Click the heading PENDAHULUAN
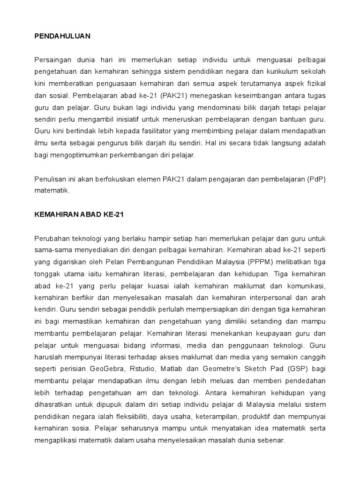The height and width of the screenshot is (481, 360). [x=62, y=36]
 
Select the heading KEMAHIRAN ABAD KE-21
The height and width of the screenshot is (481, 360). [x=78, y=214]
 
